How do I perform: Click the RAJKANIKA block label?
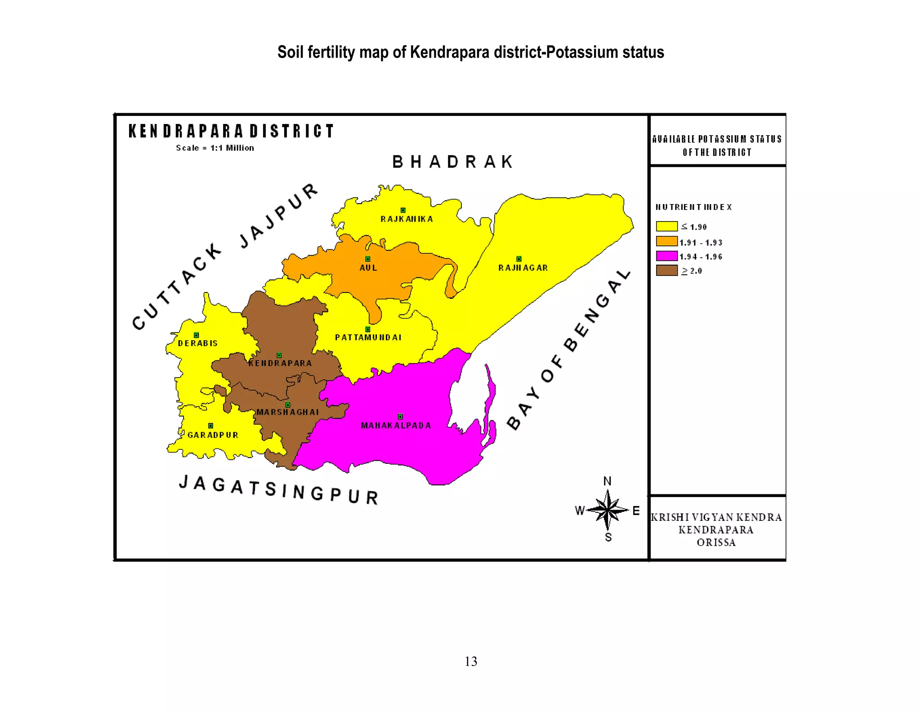[407, 219]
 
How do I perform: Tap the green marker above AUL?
[367, 259]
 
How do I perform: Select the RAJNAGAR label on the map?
[523, 268]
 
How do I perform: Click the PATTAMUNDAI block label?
[368, 338]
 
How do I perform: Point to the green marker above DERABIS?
[196, 335]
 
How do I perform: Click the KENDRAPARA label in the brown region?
[280, 363]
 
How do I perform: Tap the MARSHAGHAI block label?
[288, 412]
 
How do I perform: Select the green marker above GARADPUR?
[210, 426]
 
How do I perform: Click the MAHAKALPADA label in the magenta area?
[396, 426]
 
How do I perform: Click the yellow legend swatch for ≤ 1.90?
[666, 226]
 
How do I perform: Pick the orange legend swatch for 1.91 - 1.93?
[666, 241]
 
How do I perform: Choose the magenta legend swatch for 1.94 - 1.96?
[666, 256]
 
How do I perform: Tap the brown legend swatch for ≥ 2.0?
[666, 270]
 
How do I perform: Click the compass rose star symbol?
[607, 510]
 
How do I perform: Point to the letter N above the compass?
[607, 481]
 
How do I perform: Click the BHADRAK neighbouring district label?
[452, 162]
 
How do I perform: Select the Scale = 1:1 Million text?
[215, 148]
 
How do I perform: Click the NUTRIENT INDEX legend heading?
[693, 207]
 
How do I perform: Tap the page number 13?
[471, 661]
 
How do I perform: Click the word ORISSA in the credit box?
[716, 542]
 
